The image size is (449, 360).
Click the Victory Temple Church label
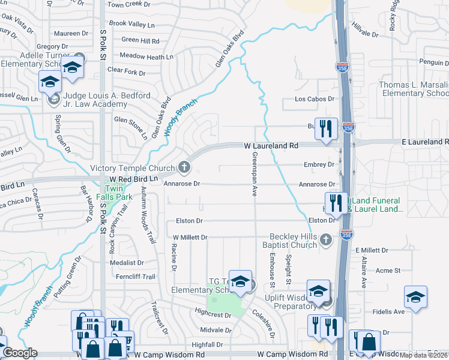coord(132,168)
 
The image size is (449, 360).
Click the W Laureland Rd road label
coord(271,146)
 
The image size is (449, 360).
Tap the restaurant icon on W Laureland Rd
coord(326,129)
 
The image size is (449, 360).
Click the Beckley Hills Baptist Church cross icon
coord(325,240)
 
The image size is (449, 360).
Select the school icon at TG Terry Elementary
coord(240,280)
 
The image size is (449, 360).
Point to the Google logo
coord(20,353)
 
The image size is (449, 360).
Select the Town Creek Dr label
coord(128,4)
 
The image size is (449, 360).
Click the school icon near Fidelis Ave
coord(415,297)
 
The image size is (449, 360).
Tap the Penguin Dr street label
coord(436,62)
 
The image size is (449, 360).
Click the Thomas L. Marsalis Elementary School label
coord(414,89)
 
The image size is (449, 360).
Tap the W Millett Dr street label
coord(190,238)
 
